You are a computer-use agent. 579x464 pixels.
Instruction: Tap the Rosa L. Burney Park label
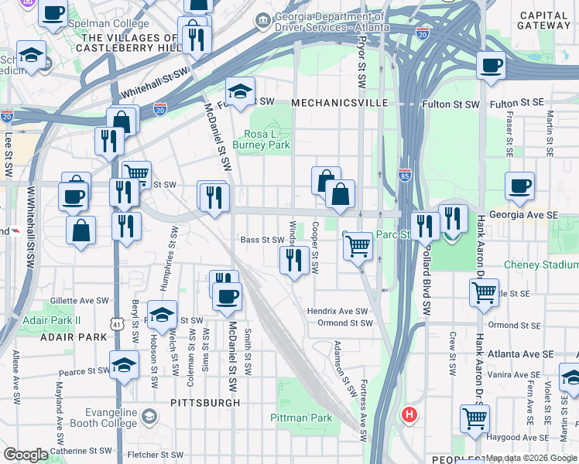[x=262, y=138]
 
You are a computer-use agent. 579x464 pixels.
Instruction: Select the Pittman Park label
[x=301, y=418]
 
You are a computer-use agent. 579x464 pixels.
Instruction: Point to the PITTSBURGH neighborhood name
[x=205, y=403]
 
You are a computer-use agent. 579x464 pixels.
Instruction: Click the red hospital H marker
[x=409, y=415]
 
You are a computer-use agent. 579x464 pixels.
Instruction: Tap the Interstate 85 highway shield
[x=404, y=176]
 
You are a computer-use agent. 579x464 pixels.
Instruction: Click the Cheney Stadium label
[x=541, y=264]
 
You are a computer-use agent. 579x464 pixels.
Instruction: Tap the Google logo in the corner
[x=26, y=454]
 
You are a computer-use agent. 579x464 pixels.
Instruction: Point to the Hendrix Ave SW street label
[x=338, y=311]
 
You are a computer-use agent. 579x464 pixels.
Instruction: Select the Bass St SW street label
[x=263, y=240]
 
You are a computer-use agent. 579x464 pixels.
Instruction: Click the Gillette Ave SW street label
[x=80, y=300]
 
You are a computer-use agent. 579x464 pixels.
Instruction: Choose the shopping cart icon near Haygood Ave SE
[x=475, y=418]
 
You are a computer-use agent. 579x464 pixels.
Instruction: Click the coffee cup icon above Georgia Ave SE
[x=519, y=186]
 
